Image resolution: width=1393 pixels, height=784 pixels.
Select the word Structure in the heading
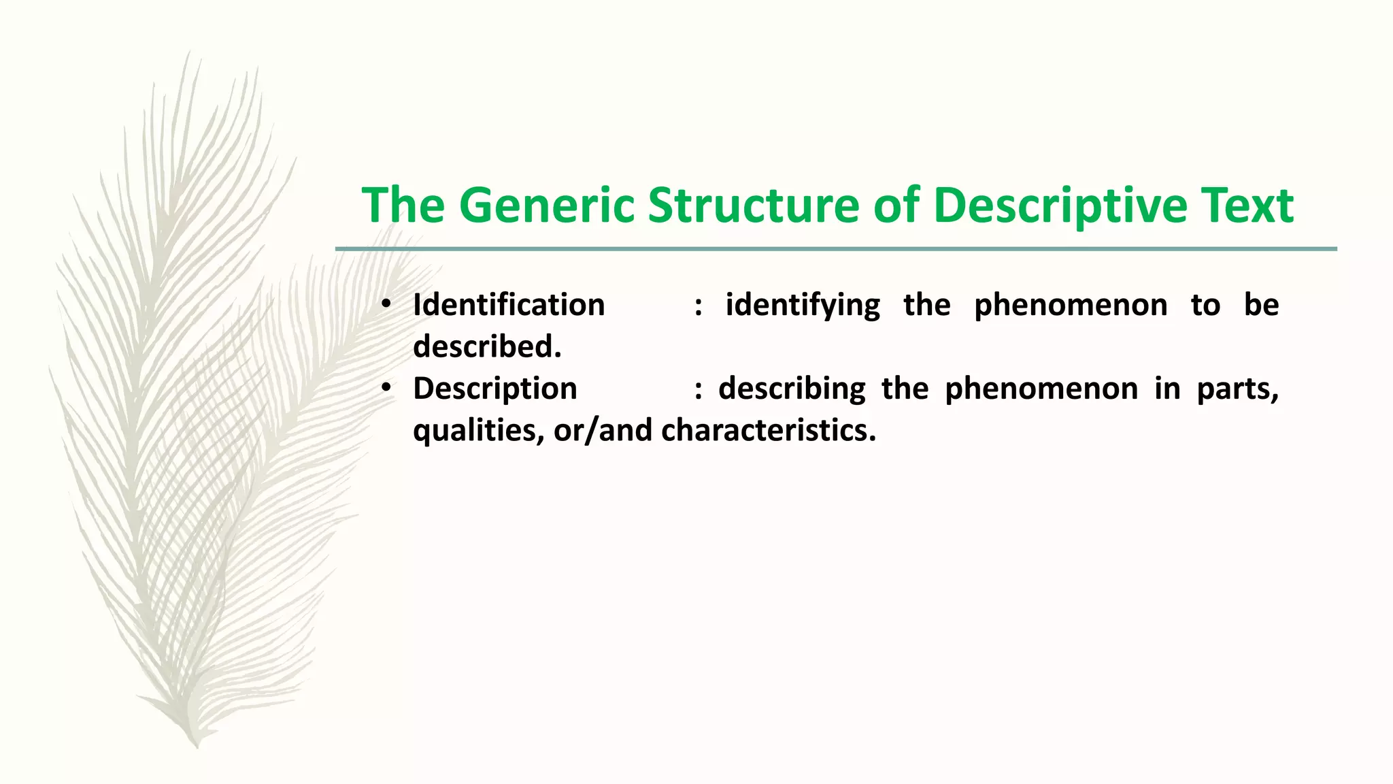(x=753, y=205)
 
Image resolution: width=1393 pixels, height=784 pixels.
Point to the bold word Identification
(x=509, y=305)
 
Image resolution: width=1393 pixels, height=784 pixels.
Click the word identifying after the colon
(x=803, y=305)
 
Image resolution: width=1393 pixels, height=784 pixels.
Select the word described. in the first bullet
(x=487, y=347)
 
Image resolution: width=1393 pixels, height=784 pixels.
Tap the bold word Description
(x=495, y=389)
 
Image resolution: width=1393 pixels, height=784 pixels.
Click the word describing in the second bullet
(x=792, y=389)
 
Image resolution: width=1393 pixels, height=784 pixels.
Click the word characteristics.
(x=769, y=431)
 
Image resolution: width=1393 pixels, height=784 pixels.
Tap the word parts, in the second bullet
(x=1237, y=389)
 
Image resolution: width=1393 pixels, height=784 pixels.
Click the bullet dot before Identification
(x=386, y=304)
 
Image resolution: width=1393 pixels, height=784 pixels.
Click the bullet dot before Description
(x=386, y=388)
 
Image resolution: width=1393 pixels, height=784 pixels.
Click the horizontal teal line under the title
(x=836, y=249)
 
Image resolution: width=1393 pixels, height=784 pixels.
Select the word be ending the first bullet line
(x=1261, y=305)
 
